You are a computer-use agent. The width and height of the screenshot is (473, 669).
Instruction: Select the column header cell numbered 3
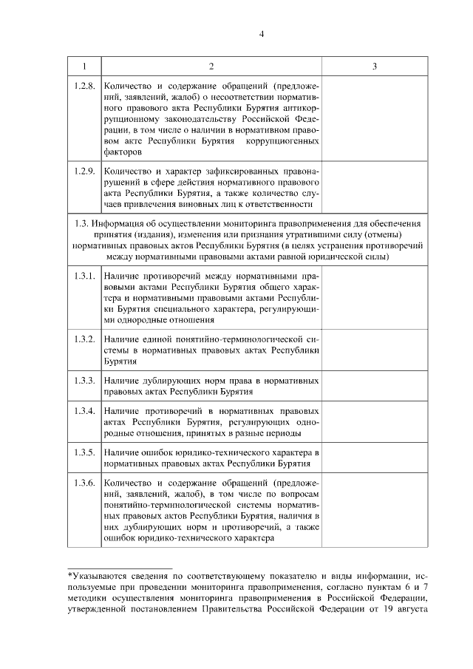(374, 67)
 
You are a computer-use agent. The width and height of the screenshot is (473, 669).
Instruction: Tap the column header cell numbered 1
(84, 67)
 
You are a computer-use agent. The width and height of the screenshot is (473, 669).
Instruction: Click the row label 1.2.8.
(84, 86)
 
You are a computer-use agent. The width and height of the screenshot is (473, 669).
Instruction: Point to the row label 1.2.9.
(84, 171)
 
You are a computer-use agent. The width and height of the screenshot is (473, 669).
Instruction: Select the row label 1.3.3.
(84, 380)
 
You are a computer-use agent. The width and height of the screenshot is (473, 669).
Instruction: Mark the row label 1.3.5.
(84, 452)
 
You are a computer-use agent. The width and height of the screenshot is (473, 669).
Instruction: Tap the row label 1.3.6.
(84, 483)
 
